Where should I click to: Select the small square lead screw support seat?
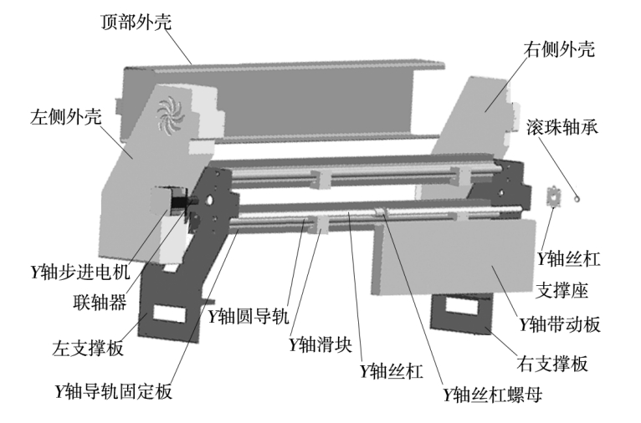coord(552,196)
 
